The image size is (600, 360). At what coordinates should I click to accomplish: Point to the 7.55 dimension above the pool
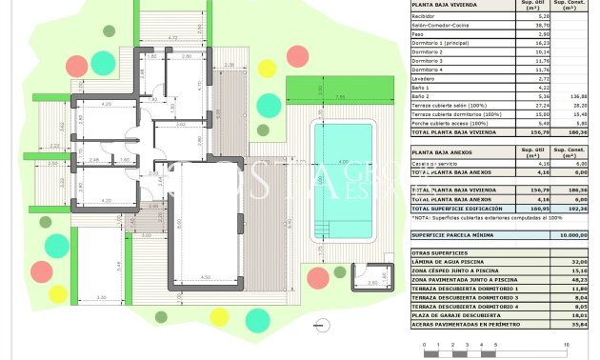340,97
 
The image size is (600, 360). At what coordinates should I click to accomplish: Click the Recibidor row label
425,16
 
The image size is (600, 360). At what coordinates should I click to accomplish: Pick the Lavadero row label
425,78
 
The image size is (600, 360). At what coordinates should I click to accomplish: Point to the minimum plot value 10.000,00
574,234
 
